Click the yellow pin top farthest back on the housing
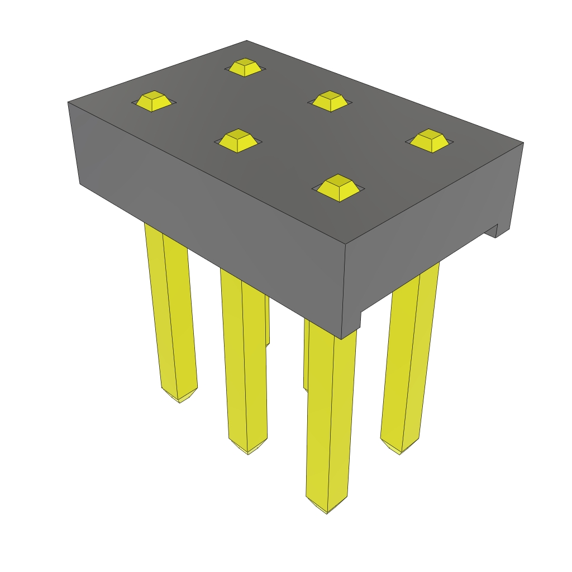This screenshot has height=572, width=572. [245, 67]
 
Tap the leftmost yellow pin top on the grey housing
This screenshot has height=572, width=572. [153, 101]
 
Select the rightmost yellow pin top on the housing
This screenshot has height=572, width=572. [429, 140]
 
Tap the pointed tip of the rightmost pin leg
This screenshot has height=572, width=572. [400, 453]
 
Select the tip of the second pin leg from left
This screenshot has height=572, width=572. [248, 453]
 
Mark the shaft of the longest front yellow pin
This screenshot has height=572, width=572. [331, 419]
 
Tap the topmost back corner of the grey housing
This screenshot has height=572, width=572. [247, 41]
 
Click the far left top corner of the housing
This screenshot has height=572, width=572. [68, 102]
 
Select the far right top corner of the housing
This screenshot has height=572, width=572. [523, 142]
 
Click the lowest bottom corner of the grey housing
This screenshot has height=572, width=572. [341, 339]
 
